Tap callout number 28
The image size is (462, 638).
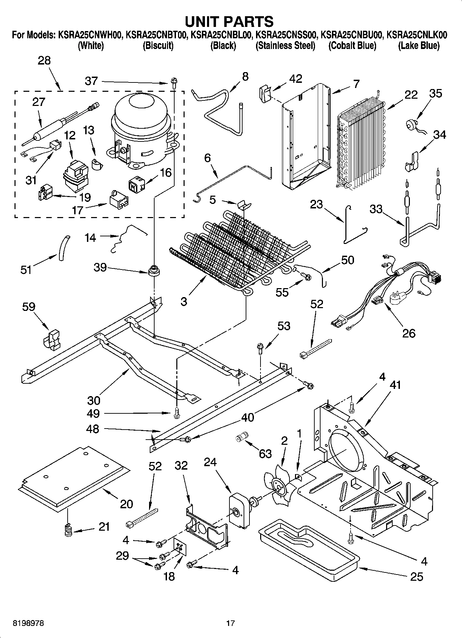[x=44, y=61]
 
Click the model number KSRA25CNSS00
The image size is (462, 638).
[x=286, y=35]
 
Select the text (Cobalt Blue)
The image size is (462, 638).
[x=352, y=46]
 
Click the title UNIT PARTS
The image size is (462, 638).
[x=229, y=21]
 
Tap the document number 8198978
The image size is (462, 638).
[x=28, y=623]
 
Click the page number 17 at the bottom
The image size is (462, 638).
[x=230, y=623]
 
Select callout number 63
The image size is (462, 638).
[x=265, y=453]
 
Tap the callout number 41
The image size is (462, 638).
[x=395, y=384]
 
